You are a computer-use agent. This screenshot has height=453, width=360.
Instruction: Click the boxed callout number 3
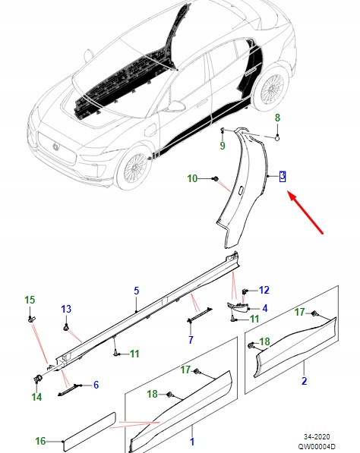(283, 176)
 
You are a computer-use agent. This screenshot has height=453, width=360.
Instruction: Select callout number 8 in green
(277, 118)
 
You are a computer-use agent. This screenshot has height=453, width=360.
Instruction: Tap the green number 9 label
(223, 145)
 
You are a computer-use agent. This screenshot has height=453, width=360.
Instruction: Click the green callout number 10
(192, 178)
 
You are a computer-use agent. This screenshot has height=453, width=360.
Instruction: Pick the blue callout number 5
(137, 291)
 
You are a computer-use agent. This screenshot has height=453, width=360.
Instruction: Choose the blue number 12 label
(264, 290)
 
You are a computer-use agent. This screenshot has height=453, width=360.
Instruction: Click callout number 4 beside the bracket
(264, 308)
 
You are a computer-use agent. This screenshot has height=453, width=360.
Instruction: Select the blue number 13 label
(66, 309)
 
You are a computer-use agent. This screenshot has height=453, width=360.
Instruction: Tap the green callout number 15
(30, 300)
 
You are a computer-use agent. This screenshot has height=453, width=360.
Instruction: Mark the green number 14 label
(36, 395)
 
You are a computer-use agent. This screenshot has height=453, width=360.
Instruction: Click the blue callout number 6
(96, 385)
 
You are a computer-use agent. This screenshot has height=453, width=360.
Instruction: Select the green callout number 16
(40, 440)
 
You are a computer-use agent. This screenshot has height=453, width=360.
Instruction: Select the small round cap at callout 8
(277, 137)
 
